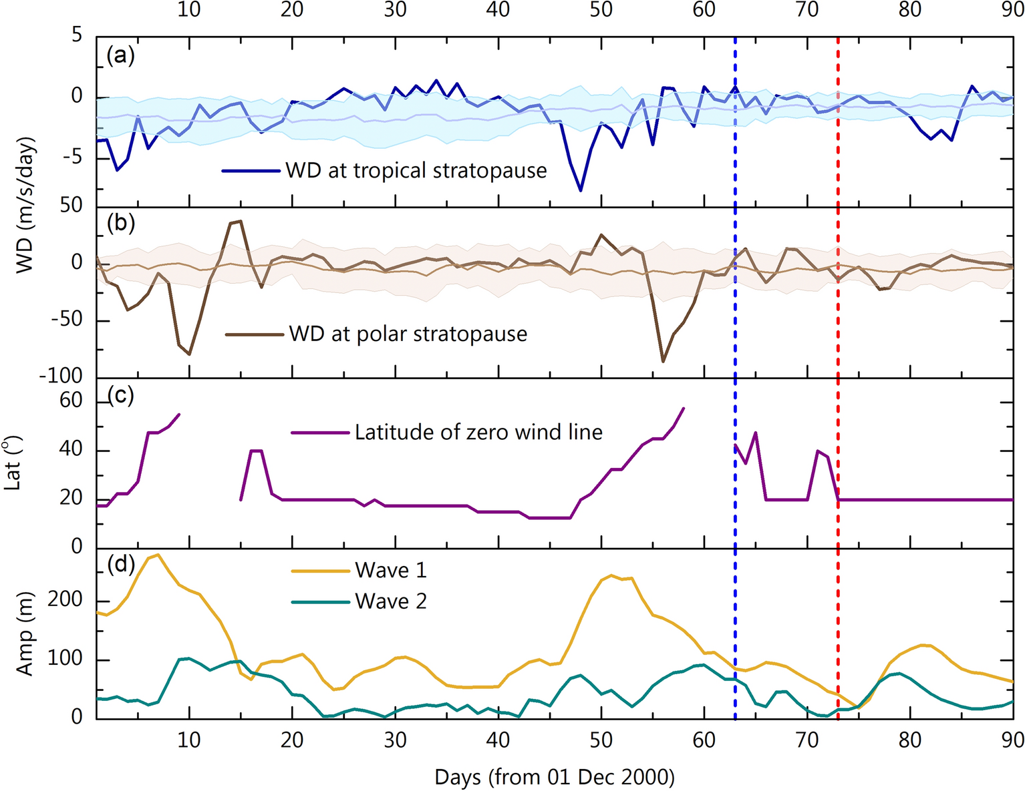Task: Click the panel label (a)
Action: (120, 56)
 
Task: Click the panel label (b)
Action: (120, 223)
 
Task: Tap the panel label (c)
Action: (120, 396)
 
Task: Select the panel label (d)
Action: (120, 565)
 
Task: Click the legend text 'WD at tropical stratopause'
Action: (416, 171)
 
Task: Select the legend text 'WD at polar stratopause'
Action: (408, 334)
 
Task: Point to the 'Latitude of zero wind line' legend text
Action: (478, 433)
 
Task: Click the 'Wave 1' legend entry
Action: (390, 571)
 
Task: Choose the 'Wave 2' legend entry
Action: (390, 601)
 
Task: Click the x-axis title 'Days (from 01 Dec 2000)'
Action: (554, 777)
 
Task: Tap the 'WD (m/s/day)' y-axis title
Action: (25, 206)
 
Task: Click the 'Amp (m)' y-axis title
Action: (25, 634)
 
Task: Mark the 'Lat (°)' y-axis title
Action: (13, 463)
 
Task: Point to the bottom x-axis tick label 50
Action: (601, 740)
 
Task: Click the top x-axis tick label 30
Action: (396, 9)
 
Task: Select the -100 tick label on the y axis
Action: (61, 376)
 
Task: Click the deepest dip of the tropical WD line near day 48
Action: (581, 191)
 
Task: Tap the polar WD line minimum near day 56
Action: (663, 362)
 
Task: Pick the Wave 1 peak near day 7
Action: (158, 555)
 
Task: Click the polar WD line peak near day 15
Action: (241, 221)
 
